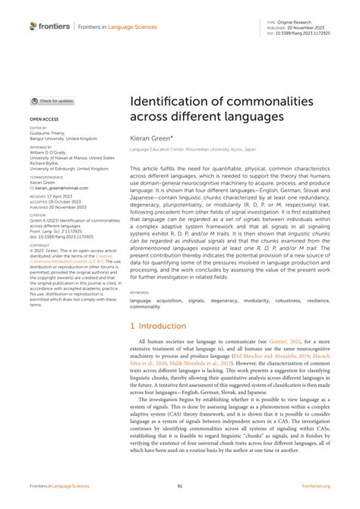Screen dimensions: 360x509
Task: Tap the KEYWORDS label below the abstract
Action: point(140,292)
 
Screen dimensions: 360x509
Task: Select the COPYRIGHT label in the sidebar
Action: point(39,246)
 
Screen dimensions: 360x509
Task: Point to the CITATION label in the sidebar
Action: point(37,215)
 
